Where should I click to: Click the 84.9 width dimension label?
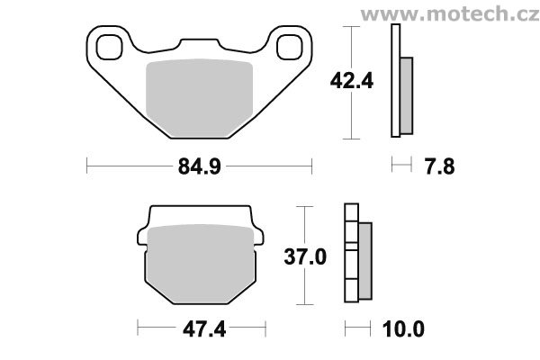200,166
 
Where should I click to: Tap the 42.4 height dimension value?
352,82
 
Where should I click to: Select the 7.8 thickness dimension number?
440,166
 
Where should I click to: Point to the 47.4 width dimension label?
204,329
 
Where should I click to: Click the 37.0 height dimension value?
305,257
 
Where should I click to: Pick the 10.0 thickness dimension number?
403,329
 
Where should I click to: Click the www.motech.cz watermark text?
449,14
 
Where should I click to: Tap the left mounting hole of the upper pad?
110,47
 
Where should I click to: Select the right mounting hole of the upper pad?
289,47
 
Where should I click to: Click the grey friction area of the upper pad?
200,98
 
